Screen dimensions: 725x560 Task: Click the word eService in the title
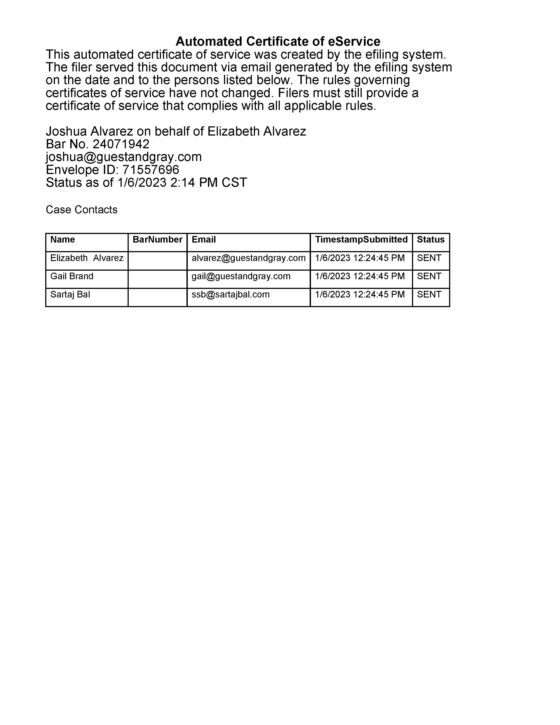(354, 42)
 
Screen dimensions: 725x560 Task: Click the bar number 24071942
(121, 144)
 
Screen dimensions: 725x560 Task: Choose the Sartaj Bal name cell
(70, 294)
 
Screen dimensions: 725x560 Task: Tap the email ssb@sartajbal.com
(231, 294)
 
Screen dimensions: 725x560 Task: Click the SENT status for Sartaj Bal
(429, 294)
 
